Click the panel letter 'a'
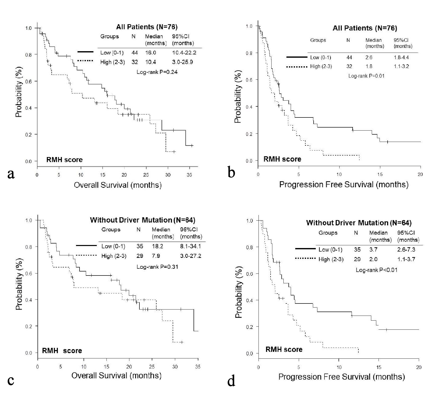11,174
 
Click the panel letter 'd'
231,381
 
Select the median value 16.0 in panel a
151,53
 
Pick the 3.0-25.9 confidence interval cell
182,62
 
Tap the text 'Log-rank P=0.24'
157,72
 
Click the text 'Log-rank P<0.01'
377,270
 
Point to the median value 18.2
157,246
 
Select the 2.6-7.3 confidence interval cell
406,250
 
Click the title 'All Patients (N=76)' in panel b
365,28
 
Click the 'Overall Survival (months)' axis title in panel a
118,185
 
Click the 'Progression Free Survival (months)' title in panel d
342,377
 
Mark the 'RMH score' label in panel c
62,351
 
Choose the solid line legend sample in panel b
297,57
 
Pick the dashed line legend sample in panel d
305,258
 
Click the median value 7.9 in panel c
156,256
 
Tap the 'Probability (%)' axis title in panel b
238,97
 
